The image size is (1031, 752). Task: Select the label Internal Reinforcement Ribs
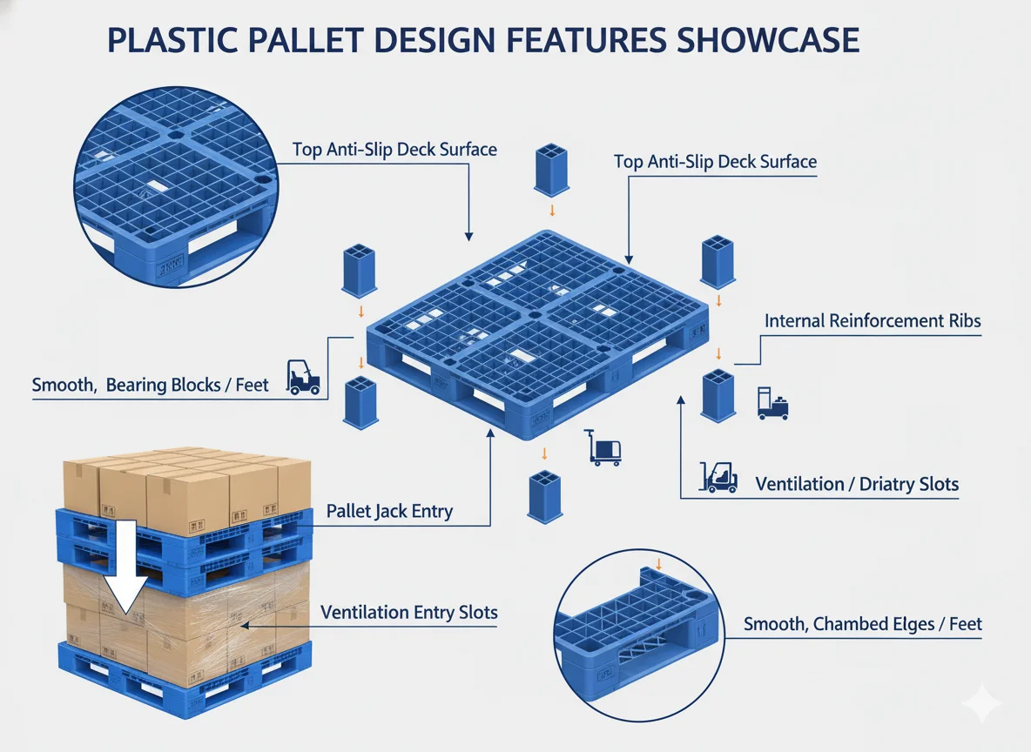[x=873, y=320]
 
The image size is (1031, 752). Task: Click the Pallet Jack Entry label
[x=389, y=511]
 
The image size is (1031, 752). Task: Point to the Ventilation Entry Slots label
[x=409, y=612]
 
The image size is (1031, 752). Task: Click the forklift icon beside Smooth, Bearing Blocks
[x=302, y=379]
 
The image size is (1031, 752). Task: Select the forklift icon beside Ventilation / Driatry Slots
[x=719, y=477]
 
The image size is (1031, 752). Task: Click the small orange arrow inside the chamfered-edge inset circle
[x=659, y=565]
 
